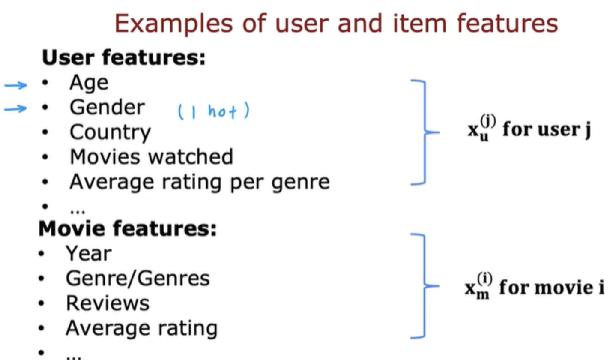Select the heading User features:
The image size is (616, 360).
pos(124,57)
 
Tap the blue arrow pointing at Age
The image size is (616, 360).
pos(16,85)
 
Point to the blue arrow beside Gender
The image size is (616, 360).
pos(16,109)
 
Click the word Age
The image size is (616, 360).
pos(89,83)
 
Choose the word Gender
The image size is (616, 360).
pos(107,107)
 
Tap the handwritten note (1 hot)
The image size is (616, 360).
pos(214,111)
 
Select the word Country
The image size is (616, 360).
pos(110,133)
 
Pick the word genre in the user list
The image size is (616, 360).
pos(301,183)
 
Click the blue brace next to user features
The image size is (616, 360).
pos(425,132)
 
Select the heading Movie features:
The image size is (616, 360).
pos(128,228)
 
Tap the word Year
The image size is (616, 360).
pos(89,253)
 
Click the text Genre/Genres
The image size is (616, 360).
pos(138,279)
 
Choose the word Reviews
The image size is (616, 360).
pos(108,303)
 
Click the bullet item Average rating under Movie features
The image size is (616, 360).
pos(142,328)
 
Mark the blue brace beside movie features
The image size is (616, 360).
pos(425,286)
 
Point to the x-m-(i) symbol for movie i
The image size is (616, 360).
pos(478,286)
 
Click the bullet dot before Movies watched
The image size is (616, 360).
pos(45,157)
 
